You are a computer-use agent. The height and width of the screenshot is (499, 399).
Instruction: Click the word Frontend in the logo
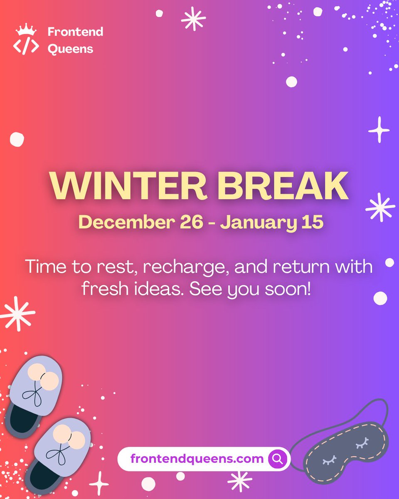(75, 32)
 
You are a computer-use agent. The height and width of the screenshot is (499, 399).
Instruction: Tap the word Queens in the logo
(70, 49)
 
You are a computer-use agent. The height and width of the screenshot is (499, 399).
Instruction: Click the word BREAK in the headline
(283, 186)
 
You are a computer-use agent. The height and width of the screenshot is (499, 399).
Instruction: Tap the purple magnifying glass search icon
(277, 459)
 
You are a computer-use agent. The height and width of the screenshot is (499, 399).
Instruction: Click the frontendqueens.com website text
(197, 459)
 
